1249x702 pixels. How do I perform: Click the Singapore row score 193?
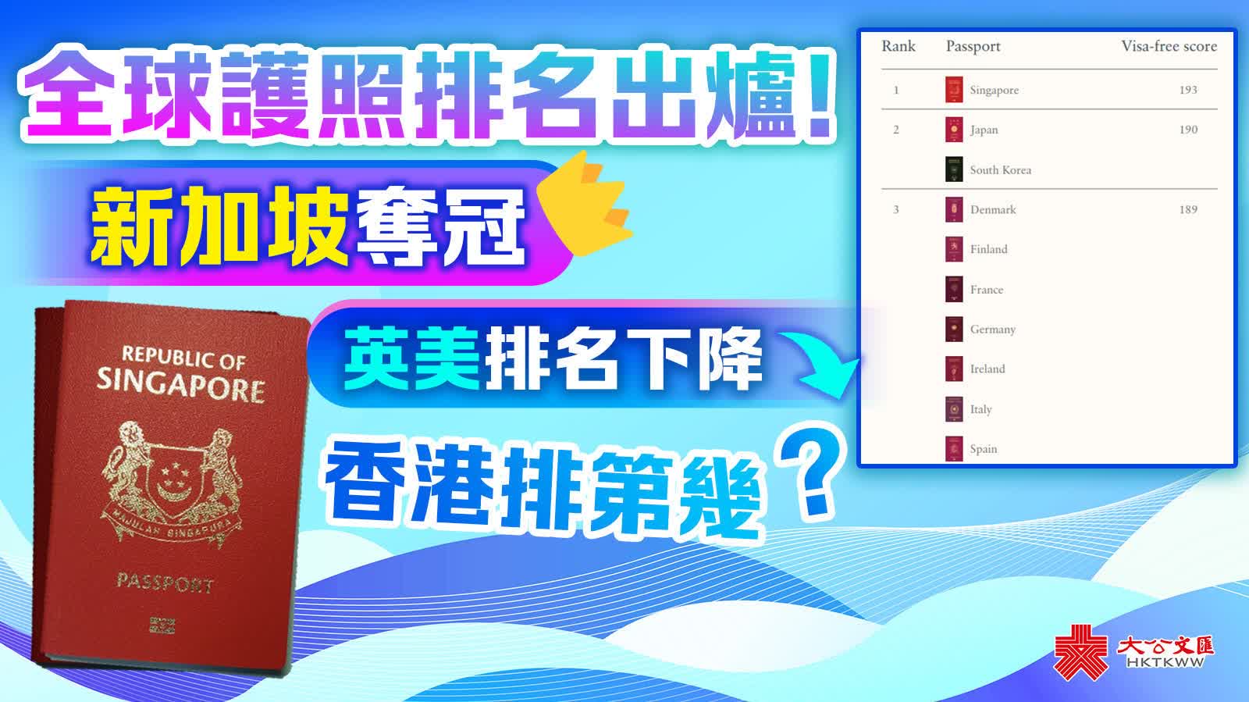point(1188,90)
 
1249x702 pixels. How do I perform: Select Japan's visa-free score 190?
point(1188,130)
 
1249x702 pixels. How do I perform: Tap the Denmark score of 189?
point(1188,209)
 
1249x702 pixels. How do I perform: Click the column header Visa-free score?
point(1169,46)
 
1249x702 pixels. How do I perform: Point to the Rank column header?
point(898,46)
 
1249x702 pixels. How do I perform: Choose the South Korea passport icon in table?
point(954,169)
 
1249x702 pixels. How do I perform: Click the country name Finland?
point(988,249)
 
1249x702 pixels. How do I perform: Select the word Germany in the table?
point(992,330)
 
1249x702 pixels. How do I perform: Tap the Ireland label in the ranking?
point(987,369)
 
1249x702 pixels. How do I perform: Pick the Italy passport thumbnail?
point(954,409)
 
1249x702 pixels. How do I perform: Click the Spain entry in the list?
point(983,449)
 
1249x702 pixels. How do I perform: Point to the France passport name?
point(987,290)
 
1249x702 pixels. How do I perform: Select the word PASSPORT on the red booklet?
point(165,583)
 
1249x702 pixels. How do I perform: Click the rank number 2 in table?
point(896,130)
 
